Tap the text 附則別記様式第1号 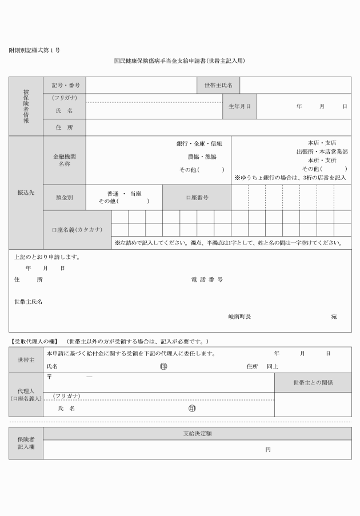tap(35, 50)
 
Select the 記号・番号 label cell tap(65, 85)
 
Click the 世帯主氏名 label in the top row tap(218, 85)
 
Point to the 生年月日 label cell tap(239, 106)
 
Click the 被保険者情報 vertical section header tap(26, 106)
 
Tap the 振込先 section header tap(26, 193)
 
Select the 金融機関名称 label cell tap(65, 160)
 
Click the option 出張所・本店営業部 tap(321, 152)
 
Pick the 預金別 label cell tap(65, 197)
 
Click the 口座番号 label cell tap(197, 197)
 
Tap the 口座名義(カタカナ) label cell tap(77, 230)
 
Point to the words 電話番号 tap(207, 280)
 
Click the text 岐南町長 tap(239, 316)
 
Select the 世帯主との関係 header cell tap(313, 382)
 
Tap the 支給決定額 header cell tap(197, 434)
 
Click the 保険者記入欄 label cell tap(26, 443)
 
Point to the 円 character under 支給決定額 tap(267, 450)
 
